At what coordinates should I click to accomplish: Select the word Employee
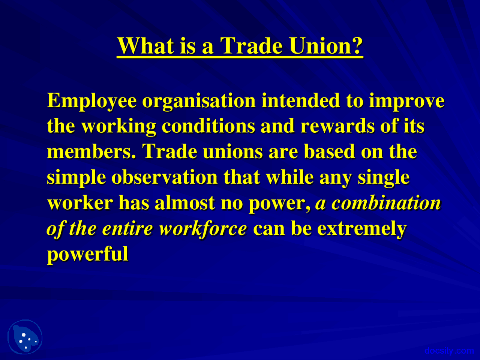(91, 101)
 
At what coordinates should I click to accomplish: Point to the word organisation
(199, 101)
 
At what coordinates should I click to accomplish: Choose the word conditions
(208, 126)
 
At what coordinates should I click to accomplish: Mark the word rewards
(337, 126)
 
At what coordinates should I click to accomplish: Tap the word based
(329, 151)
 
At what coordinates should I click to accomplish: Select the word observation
(164, 177)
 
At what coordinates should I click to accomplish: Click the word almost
(184, 203)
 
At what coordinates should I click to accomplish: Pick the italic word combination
(386, 203)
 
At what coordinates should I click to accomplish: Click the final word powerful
(88, 254)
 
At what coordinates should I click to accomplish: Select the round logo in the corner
(25, 337)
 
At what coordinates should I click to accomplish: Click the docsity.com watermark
(449, 351)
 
